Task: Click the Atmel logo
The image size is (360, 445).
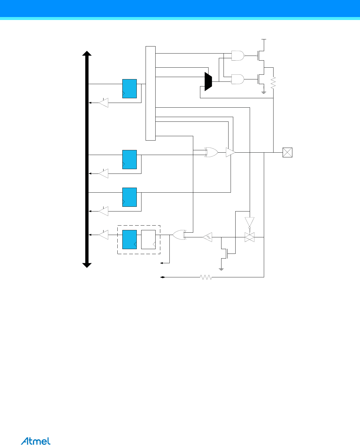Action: [x=36, y=441]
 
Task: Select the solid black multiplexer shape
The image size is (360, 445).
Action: [x=208, y=81]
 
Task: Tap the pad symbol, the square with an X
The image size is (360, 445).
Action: [x=287, y=152]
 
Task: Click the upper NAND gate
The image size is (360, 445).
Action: [x=238, y=55]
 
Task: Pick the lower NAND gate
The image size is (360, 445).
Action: [x=238, y=79]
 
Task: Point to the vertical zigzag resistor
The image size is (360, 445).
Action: [x=273, y=83]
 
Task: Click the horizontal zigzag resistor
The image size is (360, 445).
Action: [x=206, y=277]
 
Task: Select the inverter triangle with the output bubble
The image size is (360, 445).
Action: [x=249, y=222]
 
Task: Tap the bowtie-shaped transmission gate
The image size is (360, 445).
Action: [x=249, y=237]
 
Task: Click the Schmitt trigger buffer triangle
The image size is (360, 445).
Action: [x=208, y=237]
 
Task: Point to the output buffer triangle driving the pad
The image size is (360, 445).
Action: [x=230, y=152]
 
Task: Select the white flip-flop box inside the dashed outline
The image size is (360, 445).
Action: [x=148, y=239]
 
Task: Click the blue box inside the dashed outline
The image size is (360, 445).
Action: [x=129, y=239]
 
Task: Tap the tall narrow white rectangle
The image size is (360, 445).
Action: [x=151, y=93]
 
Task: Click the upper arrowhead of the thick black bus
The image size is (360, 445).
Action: [x=87, y=53]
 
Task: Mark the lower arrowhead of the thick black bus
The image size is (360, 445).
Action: [x=87, y=265]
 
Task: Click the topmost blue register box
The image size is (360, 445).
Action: [x=129, y=89]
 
